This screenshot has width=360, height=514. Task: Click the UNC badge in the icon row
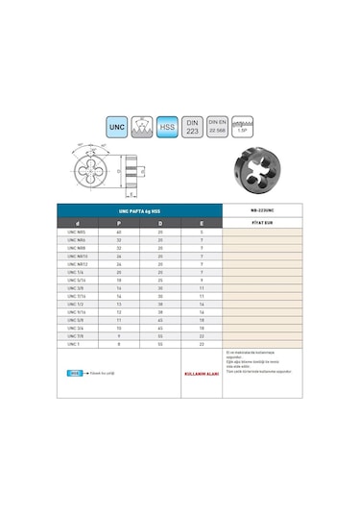117,127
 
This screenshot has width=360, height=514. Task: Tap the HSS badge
167,127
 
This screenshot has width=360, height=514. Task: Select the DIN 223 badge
192,127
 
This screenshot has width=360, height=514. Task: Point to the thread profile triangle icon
142,127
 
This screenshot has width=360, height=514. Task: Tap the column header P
118,223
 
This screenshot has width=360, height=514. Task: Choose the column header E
202,223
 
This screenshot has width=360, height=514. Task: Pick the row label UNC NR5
77,233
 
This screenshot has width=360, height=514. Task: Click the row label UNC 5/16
77,280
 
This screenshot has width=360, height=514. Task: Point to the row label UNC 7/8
77,335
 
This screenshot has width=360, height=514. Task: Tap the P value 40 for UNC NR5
118,233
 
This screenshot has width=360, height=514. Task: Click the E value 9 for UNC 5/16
202,280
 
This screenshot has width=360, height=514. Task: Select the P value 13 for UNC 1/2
118,304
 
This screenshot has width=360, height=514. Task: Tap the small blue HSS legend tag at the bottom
75,372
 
